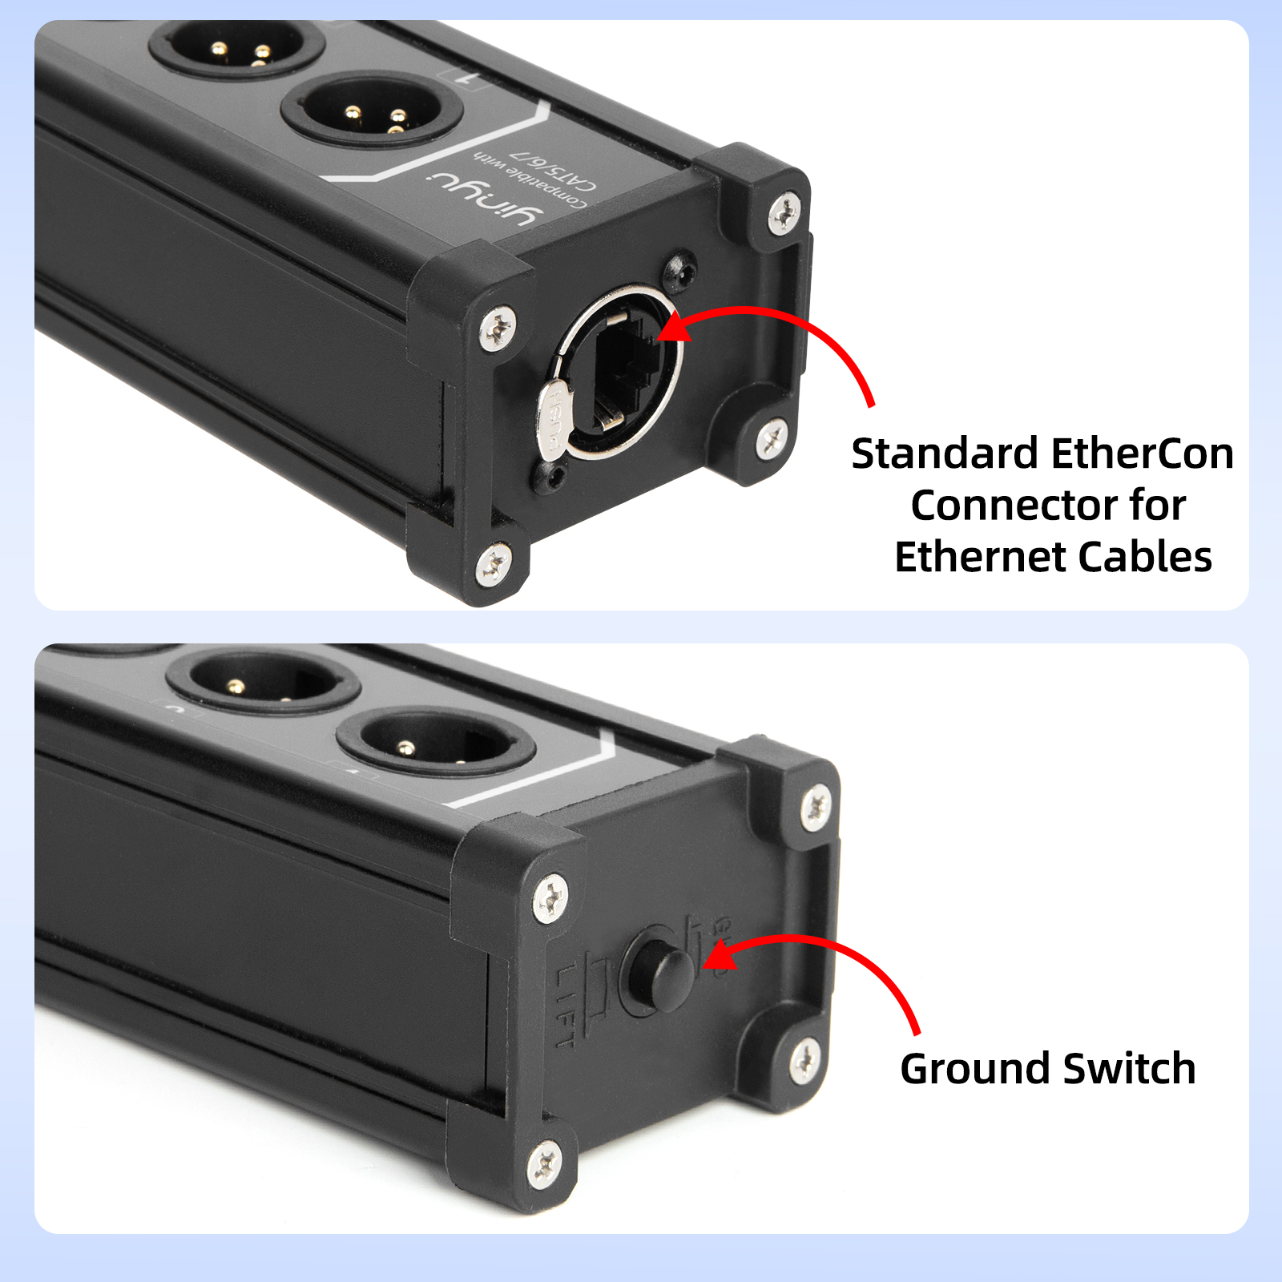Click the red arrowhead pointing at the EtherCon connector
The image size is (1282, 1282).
pyautogui.click(x=673, y=327)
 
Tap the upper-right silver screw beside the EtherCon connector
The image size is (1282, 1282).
pyautogui.click(x=784, y=212)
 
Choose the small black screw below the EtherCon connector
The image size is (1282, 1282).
pyautogui.click(x=552, y=476)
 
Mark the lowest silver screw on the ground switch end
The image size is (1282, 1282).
pyautogui.click(x=545, y=1162)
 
